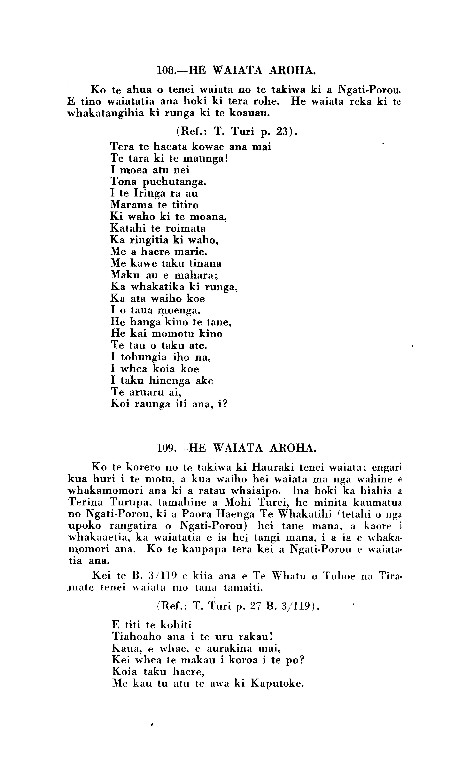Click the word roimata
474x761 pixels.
coord(186,228)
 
